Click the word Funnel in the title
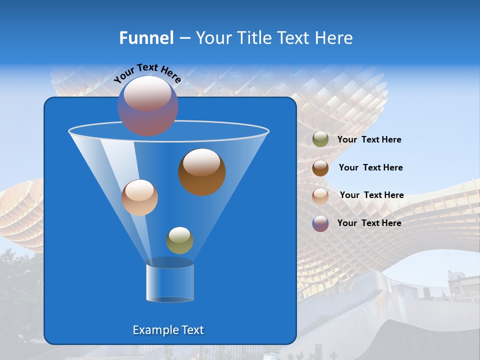point(146,38)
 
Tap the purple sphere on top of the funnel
point(148,105)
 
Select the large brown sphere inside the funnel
point(202,172)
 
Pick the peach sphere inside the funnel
point(139,197)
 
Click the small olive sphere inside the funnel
point(179,240)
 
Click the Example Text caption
point(168,330)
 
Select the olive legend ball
point(320,139)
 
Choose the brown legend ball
point(320,168)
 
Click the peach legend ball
point(320,195)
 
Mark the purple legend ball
point(320,223)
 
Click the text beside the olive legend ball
point(369,140)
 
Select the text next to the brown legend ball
point(370,168)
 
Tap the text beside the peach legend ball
point(371,195)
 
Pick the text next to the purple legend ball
point(369,223)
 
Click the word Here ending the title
point(334,38)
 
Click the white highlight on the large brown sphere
point(201,162)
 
